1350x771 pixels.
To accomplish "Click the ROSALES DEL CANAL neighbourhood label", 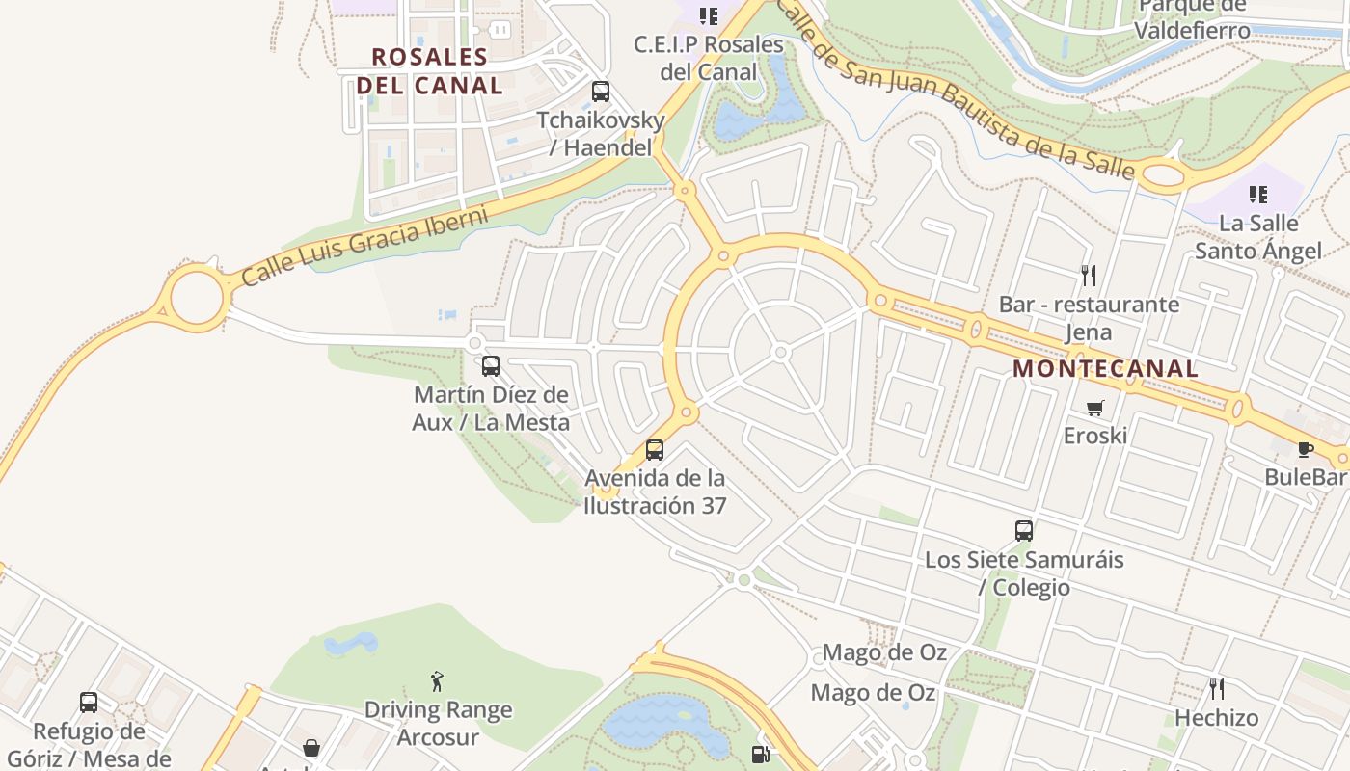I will click(429, 70).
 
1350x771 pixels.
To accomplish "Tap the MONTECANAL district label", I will click(1105, 368).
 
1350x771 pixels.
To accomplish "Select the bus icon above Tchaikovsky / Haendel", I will click(601, 92).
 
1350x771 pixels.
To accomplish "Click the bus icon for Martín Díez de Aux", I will click(491, 366).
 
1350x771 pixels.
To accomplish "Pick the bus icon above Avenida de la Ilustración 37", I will click(655, 449).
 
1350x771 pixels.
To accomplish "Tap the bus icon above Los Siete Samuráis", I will click(1024, 530).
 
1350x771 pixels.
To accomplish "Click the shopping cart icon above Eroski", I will click(1094, 408).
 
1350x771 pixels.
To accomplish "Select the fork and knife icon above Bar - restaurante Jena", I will click(1089, 276).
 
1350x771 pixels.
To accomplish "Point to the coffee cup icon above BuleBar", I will click(1305, 449).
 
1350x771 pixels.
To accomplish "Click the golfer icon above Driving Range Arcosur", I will click(437, 681).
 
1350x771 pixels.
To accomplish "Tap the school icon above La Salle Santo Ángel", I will click(1258, 195).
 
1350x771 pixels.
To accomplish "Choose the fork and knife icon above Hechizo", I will click(1217, 688).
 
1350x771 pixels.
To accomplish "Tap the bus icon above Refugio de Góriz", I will click(89, 703).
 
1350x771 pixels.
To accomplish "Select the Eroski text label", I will click(1094, 436).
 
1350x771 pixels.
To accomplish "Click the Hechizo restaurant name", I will click(1217, 718).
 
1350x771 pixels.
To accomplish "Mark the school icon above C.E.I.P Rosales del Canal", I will click(709, 15).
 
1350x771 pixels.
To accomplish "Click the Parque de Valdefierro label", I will click(1192, 18).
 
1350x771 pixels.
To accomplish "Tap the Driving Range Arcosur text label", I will click(438, 724).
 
